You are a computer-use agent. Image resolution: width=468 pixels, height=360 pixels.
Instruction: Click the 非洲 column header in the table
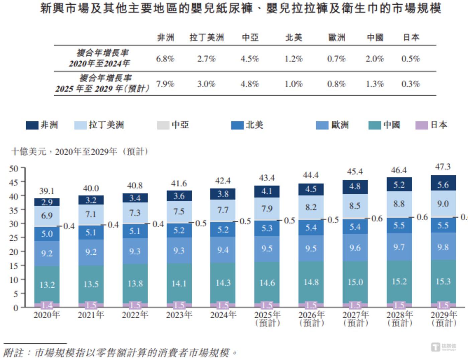click(166, 37)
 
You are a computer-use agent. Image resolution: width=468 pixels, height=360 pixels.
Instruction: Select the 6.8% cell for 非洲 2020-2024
click(165, 59)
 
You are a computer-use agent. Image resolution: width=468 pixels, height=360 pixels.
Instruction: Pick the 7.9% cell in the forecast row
click(165, 84)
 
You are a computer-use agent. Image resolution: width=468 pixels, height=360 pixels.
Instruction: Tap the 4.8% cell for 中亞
click(250, 84)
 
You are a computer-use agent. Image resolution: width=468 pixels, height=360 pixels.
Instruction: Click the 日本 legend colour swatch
click(421, 125)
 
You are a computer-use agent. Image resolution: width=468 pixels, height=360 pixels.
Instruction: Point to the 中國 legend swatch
click(374, 125)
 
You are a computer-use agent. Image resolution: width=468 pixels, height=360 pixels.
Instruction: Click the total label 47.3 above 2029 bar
click(443, 166)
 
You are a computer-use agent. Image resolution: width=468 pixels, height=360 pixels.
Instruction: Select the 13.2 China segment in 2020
click(47, 285)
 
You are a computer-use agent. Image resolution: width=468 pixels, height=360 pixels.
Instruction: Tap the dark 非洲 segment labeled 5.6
click(443, 185)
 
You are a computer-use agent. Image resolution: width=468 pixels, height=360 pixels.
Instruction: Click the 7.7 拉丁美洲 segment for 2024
click(223, 210)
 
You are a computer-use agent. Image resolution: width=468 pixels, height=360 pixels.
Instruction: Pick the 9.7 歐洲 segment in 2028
click(399, 247)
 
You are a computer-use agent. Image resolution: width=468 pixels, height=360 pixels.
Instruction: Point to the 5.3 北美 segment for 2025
click(267, 228)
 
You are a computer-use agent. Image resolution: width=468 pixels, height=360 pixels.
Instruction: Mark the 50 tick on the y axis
click(14, 168)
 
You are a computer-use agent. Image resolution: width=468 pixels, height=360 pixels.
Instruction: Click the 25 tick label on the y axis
click(14, 238)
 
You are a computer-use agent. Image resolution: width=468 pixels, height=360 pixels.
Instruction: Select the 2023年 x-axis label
click(179, 315)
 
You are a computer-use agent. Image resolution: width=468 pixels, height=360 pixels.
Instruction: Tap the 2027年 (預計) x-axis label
click(355, 319)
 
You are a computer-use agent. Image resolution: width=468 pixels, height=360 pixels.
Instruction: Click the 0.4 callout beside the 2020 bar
click(69, 226)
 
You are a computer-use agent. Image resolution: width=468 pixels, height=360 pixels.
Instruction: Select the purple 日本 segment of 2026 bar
click(311, 305)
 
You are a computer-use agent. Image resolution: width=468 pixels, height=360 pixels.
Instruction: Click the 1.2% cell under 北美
click(294, 59)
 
